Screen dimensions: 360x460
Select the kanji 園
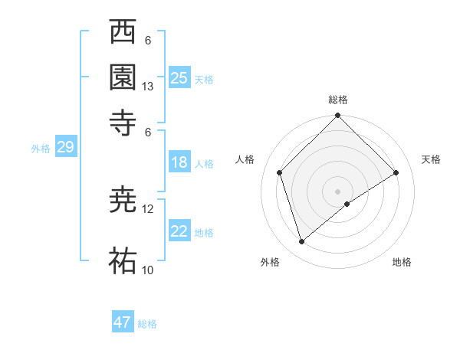pyautogui.click(x=123, y=77)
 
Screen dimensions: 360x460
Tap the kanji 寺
pyautogui.click(x=123, y=120)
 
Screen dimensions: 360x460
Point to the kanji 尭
pyautogui.click(x=123, y=201)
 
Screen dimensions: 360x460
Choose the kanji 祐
pyautogui.click(x=123, y=260)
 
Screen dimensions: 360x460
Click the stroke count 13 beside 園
pyautogui.click(x=148, y=87)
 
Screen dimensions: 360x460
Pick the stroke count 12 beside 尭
pyautogui.click(x=148, y=208)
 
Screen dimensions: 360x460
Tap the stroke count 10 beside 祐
pyautogui.click(x=148, y=270)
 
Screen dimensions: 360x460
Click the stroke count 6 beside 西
pyautogui.click(x=148, y=41)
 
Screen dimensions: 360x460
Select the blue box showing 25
pyautogui.click(x=179, y=77)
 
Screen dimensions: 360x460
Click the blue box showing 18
pyautogui.click(x=179, y=162)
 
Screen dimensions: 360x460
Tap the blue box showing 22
pyautogui.click(x=179, y=231)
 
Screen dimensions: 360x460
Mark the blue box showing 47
pyautogui.click(x=123, y=322)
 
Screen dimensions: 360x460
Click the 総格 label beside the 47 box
pyautogui.click(x=148, y=324)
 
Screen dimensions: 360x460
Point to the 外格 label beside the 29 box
pyautogui.click(x=40, y=149)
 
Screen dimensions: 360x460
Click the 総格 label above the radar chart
pyautogui.click(x=338, y=100)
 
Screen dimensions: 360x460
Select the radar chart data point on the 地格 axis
pyautogui.click(x=347, y=204)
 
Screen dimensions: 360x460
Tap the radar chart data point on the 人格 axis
pyautogui.click(x=280, y=172)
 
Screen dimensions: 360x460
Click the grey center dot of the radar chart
pyautogui.click(x=338, y=191)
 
